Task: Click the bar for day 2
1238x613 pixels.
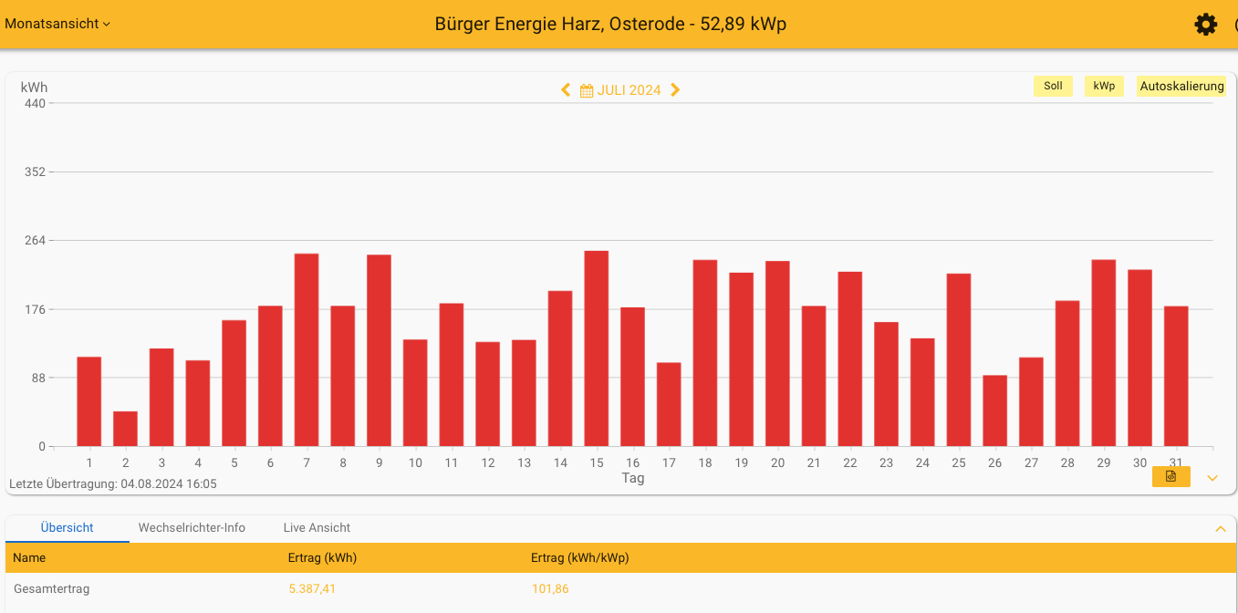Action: [x=125, y=429]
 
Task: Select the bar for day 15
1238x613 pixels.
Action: [x=597, y=348]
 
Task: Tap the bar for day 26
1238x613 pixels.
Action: [x=994, y=410]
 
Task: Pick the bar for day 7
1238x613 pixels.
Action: [x=307, y=350]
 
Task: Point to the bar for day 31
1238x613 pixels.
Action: [x=1176, y=376]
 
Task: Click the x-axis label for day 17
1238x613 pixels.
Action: [x=669, y=463]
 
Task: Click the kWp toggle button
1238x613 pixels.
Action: [x=1104, y=87]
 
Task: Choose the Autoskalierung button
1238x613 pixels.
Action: [x=1181, y=87]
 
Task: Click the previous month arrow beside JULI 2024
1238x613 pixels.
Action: [x=566, y=90]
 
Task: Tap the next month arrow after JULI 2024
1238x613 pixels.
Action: [x=675, y=90]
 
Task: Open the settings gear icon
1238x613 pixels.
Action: [x=1206, y=25]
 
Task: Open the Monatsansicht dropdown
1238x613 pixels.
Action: [x=57, y=25]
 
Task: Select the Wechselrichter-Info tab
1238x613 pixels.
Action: [x=192, y=528]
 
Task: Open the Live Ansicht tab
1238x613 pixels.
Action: [x=317, y=528]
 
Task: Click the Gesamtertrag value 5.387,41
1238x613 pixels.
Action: [x=312, y=589]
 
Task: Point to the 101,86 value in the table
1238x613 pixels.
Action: [x=550, y=589]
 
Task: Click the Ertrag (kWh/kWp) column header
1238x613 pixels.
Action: [x=579, y=558]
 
